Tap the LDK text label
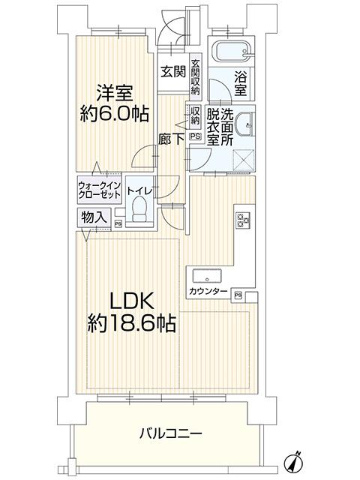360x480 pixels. click(132, 301)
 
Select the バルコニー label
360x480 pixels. click(170, 433)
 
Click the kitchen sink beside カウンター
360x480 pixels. click(207, 277)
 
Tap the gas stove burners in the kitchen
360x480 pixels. click(242, 220)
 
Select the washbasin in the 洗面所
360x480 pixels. click(246, 124)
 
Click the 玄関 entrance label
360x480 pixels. click(173, 72)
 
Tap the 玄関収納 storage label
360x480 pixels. click(195, 76)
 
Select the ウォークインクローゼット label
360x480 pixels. click(100, 190)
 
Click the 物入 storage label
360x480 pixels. click(94, 217)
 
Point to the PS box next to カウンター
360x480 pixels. click(238, 295)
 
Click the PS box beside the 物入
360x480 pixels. click(118, 224)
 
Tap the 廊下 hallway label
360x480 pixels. click(171, 139)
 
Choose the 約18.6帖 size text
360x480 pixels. click(132, 323)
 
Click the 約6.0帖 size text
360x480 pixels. click(114, 114)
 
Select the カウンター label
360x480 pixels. click(208, 291)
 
